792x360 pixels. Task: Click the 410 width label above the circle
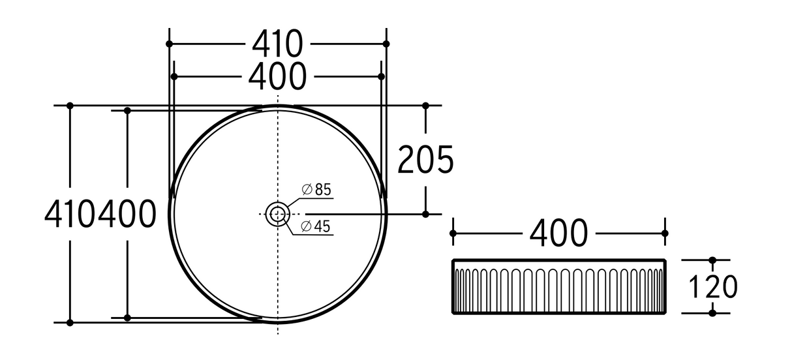coord(277,44)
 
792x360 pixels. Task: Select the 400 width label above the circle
coord(277,76)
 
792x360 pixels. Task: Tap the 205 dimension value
coord(425,160)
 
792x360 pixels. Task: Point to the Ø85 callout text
coord(317,190)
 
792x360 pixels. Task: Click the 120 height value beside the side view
coord(712,286)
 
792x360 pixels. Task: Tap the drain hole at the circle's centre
coord(278,213)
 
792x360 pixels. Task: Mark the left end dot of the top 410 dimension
coord(169,44)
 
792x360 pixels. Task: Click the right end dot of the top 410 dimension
coord(386,44)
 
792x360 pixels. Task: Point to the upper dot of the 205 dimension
coord(426,105)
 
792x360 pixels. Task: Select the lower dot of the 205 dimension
coord(426,213)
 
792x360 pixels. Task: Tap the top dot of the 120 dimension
coord(712,260)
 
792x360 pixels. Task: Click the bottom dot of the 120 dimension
coord(712,313)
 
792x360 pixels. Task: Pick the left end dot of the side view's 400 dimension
coord(453,233)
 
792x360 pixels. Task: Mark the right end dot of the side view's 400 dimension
coord(665,233)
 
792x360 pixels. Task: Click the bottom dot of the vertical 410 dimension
coord(70,322)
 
